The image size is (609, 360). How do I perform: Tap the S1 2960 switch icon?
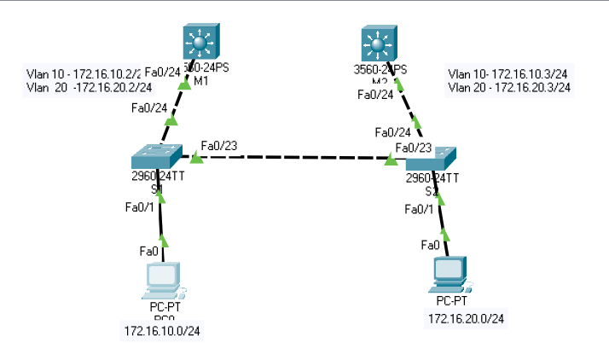pos(156,157)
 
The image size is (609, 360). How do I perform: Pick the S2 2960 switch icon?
pos(432,158)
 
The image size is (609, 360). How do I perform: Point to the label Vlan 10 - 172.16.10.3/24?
pos(509,73)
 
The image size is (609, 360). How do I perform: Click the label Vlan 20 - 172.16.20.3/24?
pos(509,87)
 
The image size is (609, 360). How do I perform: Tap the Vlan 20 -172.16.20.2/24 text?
pos(90,87)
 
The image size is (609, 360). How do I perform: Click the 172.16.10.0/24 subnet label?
pos(162,330)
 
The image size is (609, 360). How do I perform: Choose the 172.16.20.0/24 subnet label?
pos(466,318)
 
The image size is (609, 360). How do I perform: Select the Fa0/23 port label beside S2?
pos(413,147)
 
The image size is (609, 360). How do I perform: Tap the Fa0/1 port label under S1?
pos(140,207)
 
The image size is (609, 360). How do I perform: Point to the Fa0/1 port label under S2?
pos(420,209)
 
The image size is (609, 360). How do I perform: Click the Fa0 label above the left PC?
pos(148,251)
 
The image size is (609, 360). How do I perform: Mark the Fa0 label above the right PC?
pos(430,246)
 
